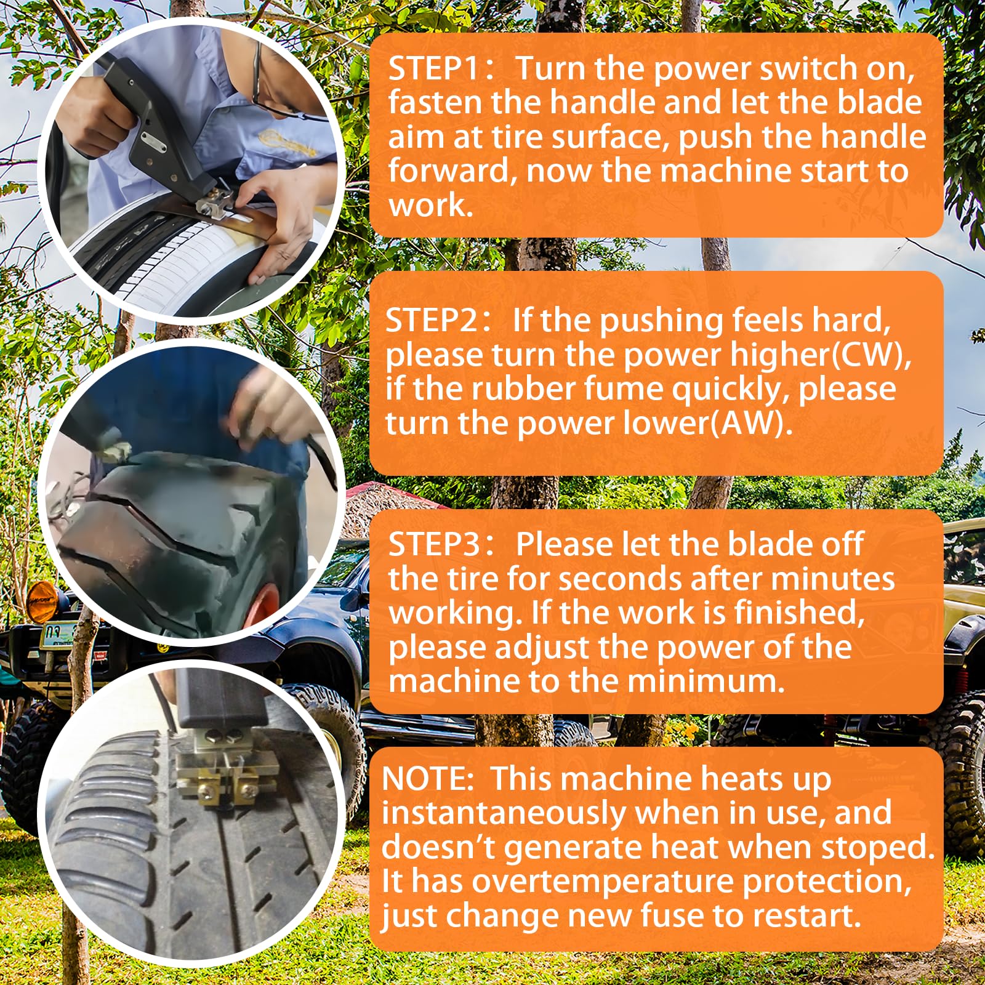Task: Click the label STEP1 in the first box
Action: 432,68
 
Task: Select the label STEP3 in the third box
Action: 433,544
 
